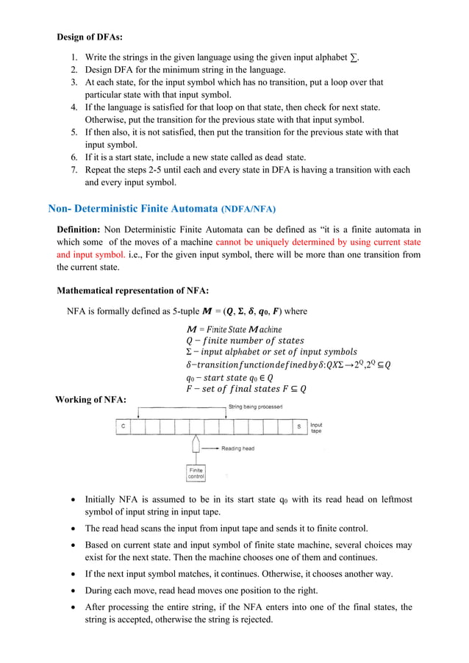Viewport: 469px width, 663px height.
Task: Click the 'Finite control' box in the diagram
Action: pos(196,473)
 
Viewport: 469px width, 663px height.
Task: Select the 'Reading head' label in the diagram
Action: pos(237,448)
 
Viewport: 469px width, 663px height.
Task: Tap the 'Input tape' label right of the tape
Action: pos(316,428)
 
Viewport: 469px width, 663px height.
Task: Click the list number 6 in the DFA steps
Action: pos(74,157)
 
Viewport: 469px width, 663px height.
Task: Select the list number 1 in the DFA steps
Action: pos(74,57)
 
